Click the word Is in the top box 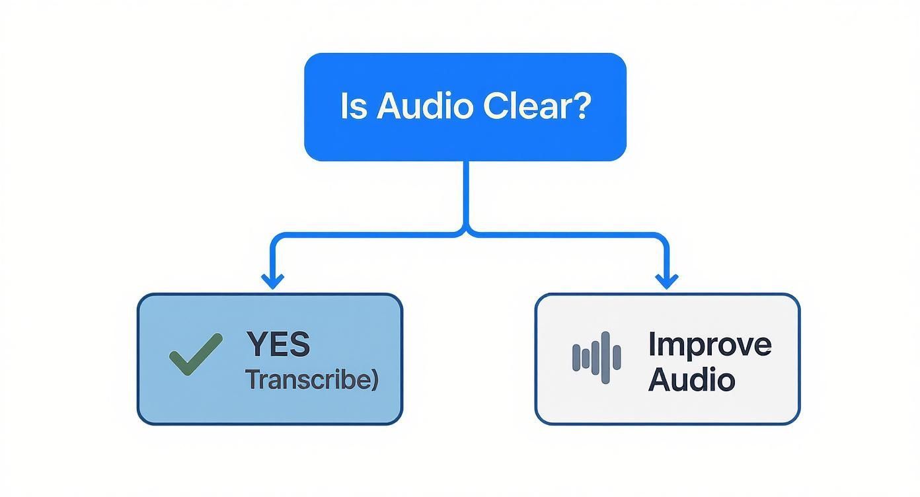click(x=353, y=106)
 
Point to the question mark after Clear click(x=579, y=106)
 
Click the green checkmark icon click(x=196, y=355)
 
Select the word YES click(x=278, y=344)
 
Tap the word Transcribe click(x=308, y=380)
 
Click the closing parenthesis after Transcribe click(x=375, y=381)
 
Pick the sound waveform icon click(x=596, y=358)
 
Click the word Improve click(x=709, y=344)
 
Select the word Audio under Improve click(x=691, y=380)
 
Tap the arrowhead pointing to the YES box click(x=272, y=281)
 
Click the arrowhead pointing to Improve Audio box click(x=666, y=281)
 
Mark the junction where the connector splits click(x=467, y=231)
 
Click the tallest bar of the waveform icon click(x=605, y=358)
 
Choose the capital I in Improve click(x=652, y=344)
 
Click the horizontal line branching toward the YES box click(x=364, y=234)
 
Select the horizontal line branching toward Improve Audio click(x=568, y=234)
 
